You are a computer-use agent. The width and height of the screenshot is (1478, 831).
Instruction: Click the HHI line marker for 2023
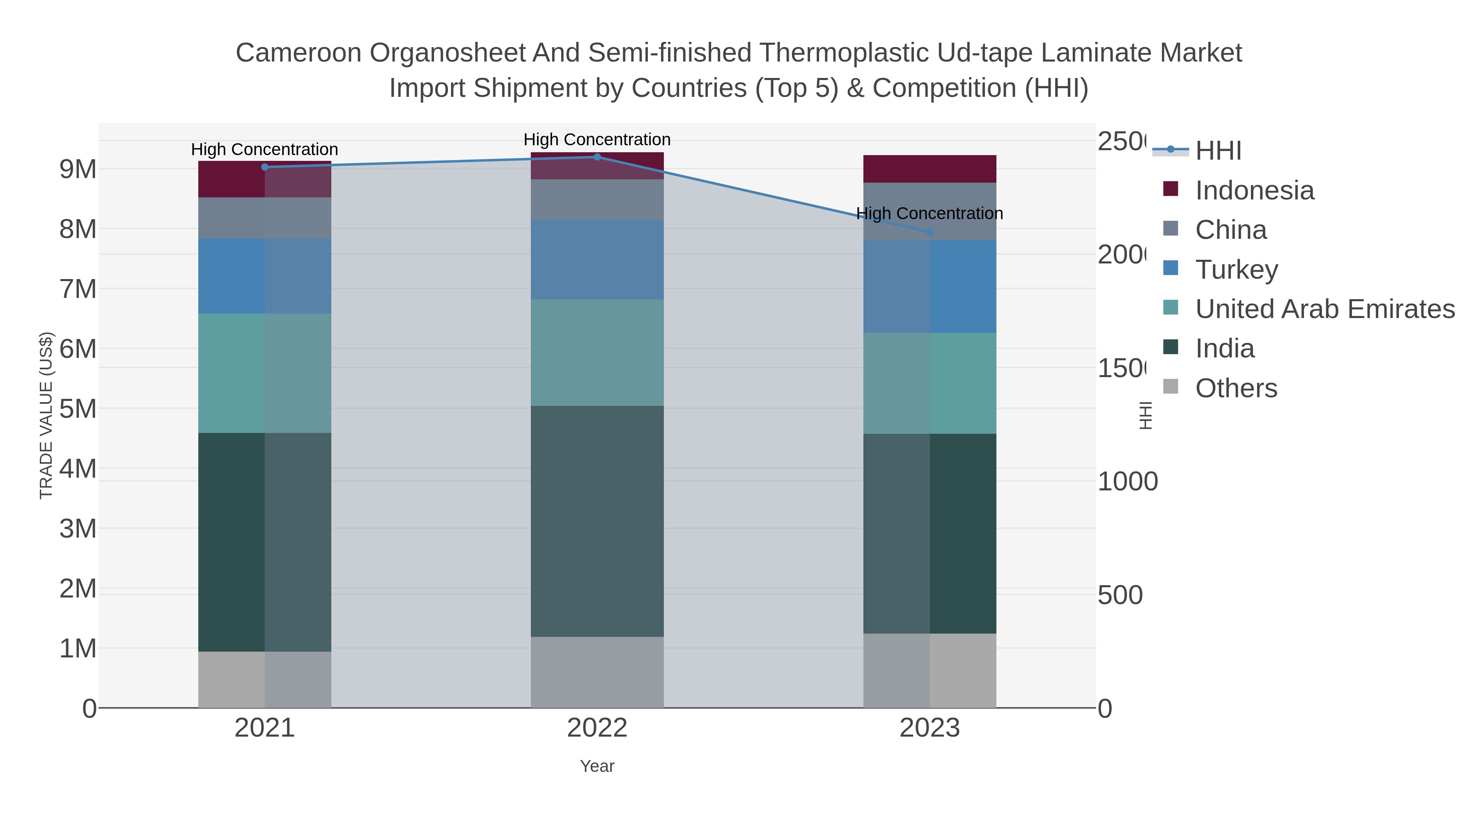coord(929,232)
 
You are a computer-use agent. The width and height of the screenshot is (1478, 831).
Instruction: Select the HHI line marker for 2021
coord(264,167)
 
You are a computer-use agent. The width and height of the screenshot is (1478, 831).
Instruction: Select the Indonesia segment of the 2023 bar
coord(929,169)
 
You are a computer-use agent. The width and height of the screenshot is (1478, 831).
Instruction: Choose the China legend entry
coord(1231,230)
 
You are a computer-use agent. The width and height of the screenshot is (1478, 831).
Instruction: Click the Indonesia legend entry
coord(1254,190)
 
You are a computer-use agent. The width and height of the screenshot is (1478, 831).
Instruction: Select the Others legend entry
coord(1236,388)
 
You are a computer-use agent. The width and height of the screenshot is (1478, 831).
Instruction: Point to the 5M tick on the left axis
coord(78,409)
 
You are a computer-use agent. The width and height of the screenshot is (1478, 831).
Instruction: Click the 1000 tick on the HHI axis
coord(1127,481)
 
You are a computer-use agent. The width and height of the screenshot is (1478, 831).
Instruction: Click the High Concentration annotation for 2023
coord(929,213)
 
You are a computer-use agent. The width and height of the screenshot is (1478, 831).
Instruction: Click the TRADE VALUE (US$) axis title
coord(46,415)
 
